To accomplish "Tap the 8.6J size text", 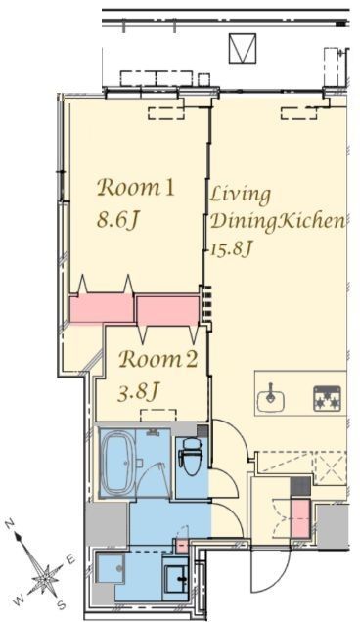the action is pos(117,219).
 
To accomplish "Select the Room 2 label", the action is pos(157,359).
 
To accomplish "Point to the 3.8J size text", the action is pos(139,392).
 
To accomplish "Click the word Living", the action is pos(240,196).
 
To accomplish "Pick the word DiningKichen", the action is pos(277,221).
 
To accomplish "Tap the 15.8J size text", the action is pos(232,248).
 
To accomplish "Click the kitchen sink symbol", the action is pos(271,398).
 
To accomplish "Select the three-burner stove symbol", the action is pos(327,398).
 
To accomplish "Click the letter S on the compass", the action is pos(61,605).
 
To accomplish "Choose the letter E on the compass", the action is pos(69,559).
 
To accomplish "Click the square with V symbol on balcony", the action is pos(243,48).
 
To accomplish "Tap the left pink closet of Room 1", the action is pos(101,308).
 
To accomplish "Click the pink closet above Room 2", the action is pos(167,311).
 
